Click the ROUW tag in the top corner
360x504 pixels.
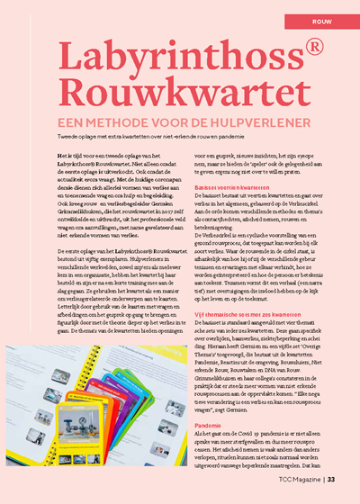[325, 16]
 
